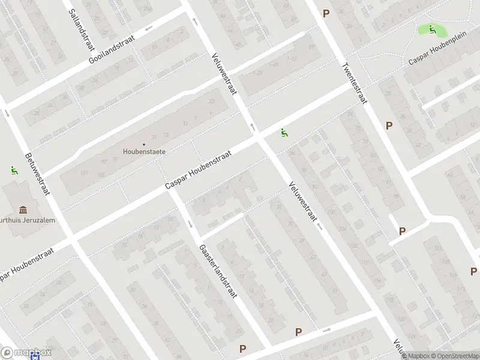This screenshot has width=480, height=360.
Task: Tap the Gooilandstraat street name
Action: [112, 49]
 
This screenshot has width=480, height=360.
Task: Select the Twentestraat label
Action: [354, 83]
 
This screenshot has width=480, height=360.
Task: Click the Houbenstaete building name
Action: [144, 152]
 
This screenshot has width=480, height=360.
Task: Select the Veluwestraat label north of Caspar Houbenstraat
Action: [224, 74]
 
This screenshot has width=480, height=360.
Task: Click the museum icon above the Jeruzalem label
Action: [23, 209]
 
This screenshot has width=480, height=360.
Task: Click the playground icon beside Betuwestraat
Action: [13, 170]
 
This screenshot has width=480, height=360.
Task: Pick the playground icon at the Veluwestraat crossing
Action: [284, 133]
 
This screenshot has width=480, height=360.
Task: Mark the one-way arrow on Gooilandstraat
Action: [148, 28]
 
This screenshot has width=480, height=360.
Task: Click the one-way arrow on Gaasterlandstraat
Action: [190, 224]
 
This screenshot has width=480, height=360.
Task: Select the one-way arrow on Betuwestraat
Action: [7, 112]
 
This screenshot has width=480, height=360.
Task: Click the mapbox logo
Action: [26, 353]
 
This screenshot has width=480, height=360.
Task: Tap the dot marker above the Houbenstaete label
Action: [144, 144]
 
